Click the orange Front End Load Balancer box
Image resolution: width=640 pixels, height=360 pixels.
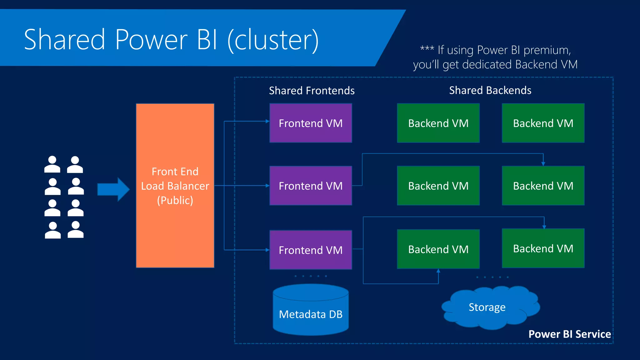point(175,186)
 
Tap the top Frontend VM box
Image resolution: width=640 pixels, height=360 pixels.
point(311,123)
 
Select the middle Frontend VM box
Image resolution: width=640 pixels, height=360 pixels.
point(311,186)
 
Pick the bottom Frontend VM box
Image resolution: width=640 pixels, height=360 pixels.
point(311,250)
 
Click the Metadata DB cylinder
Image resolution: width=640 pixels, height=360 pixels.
point(311,312)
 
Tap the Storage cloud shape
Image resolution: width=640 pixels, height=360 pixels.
point(487,307)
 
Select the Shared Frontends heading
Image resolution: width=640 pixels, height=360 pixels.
point(312,91)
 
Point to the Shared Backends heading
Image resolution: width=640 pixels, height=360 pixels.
point(490,90)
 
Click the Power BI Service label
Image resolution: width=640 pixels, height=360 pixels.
point(569,334)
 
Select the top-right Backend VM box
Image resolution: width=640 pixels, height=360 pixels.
point(543,123)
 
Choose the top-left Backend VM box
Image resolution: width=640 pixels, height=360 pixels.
point(438,123)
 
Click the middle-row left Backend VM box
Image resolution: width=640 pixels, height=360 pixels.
point(438,186)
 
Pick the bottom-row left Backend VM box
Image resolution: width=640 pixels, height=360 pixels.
point(438,249)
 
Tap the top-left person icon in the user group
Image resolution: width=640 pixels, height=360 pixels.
point(52,164)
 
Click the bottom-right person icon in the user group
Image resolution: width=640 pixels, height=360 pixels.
point(76,230)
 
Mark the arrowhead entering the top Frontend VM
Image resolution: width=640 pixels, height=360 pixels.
point(267,121)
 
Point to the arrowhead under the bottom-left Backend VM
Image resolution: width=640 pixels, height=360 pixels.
point(438,271)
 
